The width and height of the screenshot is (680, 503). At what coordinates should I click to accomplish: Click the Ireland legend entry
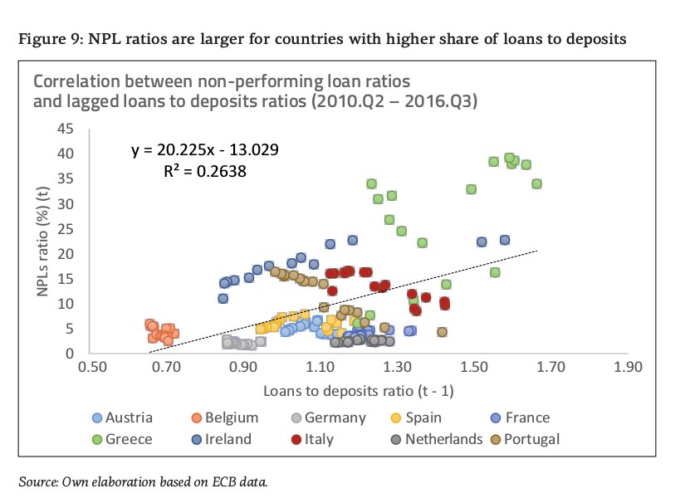(218, 440)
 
